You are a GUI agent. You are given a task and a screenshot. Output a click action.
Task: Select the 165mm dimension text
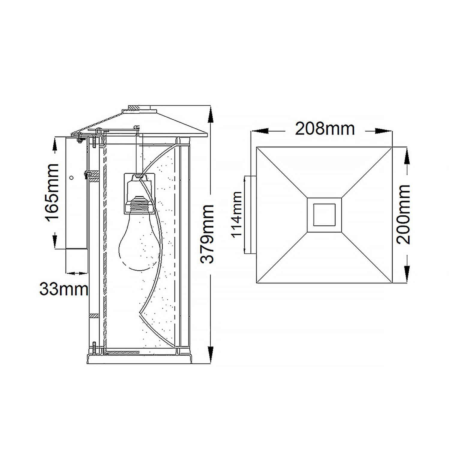pyautogui.click(x=52, y=193)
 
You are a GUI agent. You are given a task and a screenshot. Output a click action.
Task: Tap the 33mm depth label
pyautogui.click(x=64, y=289)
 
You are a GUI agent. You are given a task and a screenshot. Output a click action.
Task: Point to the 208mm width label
pyautogui.click(x=325, y=129)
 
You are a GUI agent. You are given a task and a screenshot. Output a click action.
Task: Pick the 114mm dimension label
pyautogui.click(x=237, y=214)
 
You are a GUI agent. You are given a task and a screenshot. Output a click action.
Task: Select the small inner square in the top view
pyautogui.click(x=324, y=214)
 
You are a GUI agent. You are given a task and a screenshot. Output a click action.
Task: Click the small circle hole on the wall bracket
pyautogui.click(x=71, y=178)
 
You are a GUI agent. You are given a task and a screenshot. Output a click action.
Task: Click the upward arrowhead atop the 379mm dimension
pyautogui.click(x=211, y=115)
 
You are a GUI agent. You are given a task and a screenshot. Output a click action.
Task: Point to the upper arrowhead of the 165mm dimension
pyautogui.click(x=55, y=146)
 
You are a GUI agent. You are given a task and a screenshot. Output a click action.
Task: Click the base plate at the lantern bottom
pyautogui.click(x=139, y=359)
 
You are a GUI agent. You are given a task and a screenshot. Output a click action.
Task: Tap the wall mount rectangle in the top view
pyautogui.click(x=250, y=215)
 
